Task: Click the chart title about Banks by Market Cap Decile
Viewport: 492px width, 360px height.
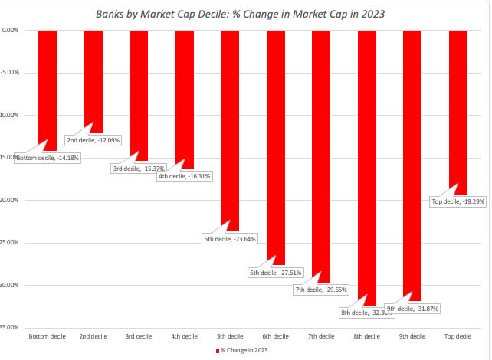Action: point(245,14)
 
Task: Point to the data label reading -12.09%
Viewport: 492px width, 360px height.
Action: point(93,140)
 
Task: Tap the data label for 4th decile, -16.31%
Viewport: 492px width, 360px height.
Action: point(185,176)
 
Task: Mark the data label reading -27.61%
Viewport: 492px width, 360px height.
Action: point(276,272)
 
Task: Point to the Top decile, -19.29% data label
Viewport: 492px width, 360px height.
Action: point(460,202)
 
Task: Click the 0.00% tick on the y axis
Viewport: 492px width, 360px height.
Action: point(11,31)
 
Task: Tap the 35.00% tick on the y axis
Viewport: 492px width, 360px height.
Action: point(11,327)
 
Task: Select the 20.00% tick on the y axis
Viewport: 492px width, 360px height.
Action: point(11,200)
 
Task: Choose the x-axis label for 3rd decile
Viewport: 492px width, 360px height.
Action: point(138,336)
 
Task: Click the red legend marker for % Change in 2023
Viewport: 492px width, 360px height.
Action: point(217,350)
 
